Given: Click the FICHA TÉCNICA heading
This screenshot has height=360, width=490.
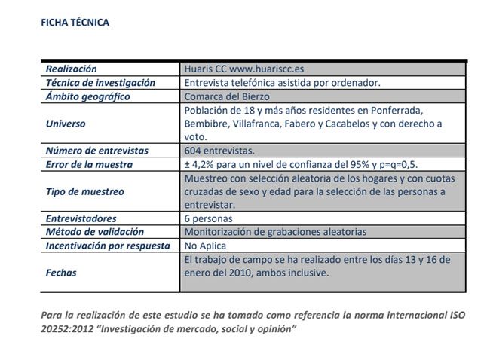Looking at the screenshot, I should click(75, 23).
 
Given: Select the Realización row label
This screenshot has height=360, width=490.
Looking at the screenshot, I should click(72, 69).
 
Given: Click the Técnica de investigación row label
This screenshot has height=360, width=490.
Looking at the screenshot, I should click(100, 82).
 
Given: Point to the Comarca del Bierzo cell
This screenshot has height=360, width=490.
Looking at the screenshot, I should click(227, 96).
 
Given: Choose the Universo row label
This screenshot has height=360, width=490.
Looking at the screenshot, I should click(66, 124).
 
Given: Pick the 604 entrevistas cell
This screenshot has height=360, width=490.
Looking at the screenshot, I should click(219, 151).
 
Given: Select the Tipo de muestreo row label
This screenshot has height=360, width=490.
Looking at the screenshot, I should click(85, 191).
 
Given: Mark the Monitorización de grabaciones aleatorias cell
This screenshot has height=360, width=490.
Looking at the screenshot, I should click(276, 232).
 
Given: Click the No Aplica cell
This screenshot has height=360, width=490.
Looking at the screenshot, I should click(205, 246).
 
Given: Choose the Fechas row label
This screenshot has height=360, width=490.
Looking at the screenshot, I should click(61, 273).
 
